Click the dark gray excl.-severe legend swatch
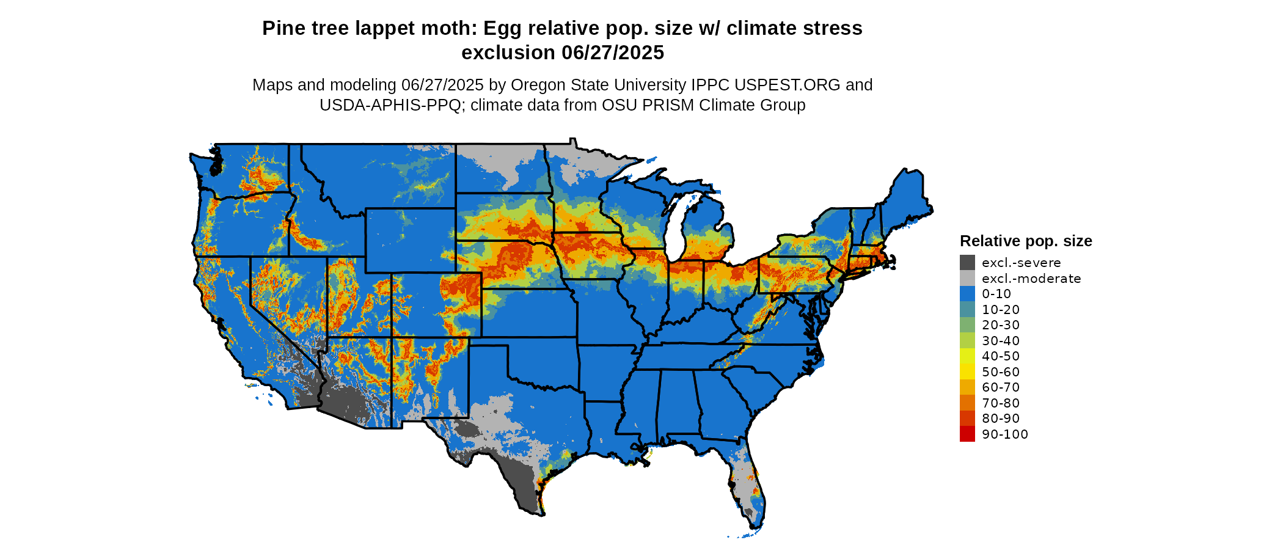(x=967, y=263)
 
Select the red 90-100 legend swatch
(x=967, y=434)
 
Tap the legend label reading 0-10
(x=996, y=294)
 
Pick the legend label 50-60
(x=1001, y=371)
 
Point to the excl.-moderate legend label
(x=1031, y=279)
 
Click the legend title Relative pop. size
(x=1026, y=241)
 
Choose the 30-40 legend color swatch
(x=967, y=340)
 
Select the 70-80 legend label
(x=1001, y=403)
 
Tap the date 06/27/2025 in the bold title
(x=613, y=53)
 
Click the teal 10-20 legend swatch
(x=967, y=309)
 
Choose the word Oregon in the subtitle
(x=535, y=85)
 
